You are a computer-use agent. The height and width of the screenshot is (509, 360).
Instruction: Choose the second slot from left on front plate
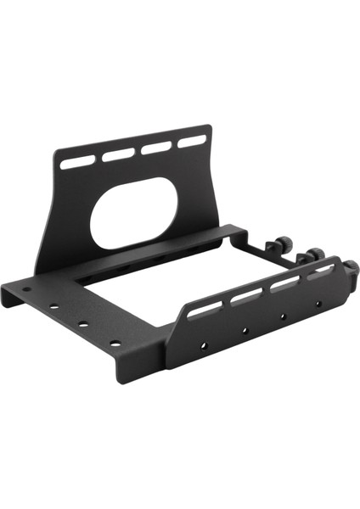pos(247,296)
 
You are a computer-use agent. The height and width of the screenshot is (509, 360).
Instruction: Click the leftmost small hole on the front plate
pos(204,345)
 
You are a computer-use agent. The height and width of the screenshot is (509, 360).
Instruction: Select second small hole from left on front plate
pos(244,330)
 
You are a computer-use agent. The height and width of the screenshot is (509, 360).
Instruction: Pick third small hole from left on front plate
pos(283,316)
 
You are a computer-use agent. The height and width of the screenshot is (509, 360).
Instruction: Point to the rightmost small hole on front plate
pos(318,303)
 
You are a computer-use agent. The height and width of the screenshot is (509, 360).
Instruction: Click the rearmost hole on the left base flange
pos(26,289)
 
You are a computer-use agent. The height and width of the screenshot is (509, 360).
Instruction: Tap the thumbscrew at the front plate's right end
pos(350,269)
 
